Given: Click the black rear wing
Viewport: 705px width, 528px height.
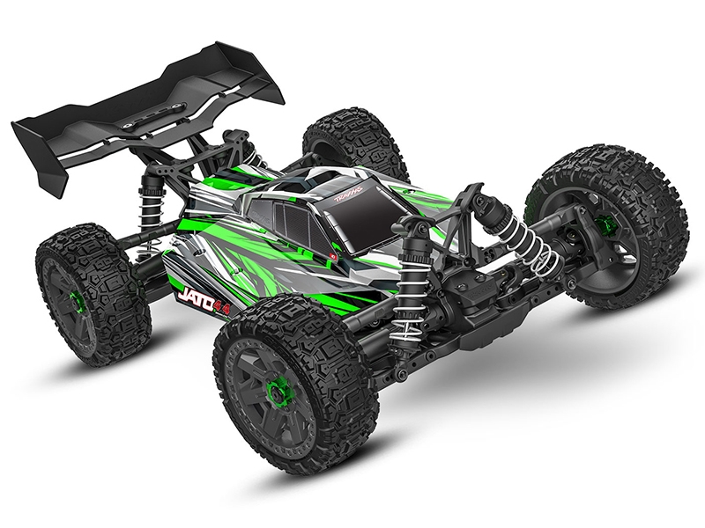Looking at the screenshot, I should click(x=150, y=97).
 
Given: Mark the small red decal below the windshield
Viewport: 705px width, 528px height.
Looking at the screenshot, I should click(x=333, y=255).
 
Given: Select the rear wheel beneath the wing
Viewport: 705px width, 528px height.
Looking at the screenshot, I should click(x=84, y=295).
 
